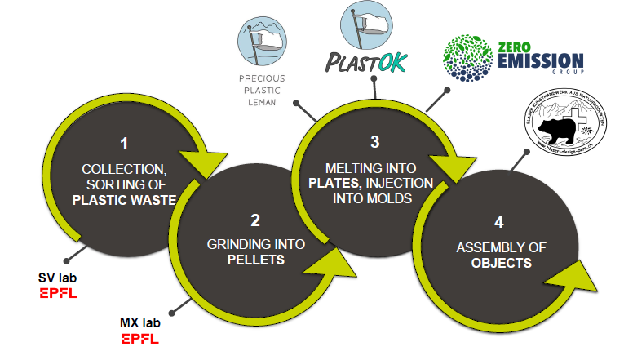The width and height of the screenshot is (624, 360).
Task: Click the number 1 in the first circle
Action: (x=124, y=144)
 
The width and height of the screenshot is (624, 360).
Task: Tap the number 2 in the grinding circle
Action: (x=255, y=219)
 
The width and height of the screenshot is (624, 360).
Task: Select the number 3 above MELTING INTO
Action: (x=374, y=141)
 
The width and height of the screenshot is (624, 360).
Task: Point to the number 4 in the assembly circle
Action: (x=499, y=221)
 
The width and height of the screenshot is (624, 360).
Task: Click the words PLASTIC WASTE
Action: (x=125, y=198)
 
